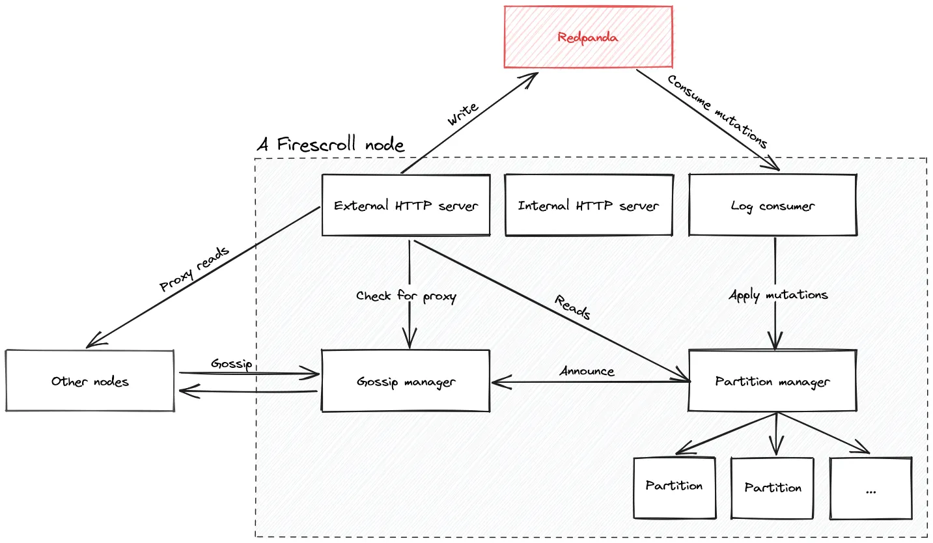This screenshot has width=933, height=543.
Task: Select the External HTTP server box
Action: click(406, 206)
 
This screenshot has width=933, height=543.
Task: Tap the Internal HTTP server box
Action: click(588, 206)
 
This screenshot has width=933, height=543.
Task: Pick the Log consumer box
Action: click(772, 206)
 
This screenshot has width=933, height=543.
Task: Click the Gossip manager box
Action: click(406, 382)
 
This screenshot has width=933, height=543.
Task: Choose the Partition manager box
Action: click(772, 382)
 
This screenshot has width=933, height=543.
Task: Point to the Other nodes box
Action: click(90, 382)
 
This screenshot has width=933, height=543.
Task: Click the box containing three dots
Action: click(870, 488)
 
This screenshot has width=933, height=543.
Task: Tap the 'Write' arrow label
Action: click(463, 113)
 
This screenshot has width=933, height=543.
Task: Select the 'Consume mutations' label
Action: click(718, 111)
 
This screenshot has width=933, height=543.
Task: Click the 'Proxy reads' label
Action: click(194, 269)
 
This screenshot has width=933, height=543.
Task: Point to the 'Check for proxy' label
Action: click(406, 296)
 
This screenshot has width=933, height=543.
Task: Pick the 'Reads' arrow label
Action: click(572, 307)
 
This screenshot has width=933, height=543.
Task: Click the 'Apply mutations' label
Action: click(778, 295)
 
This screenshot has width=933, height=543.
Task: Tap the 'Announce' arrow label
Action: click(587, 371)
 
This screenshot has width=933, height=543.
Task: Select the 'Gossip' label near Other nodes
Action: click(231, 363)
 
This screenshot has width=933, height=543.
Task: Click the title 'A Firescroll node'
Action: click(330, 144)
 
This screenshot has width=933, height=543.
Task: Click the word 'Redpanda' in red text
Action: click(588, 37)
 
